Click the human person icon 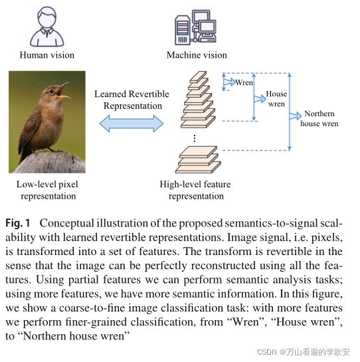pyautogui.click(x=47, y=25)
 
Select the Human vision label pyautogui.click(x=47, y=55)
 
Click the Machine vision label pyautogui.click(x=197, y=55)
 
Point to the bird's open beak pyautogui.click(x=64, y=91)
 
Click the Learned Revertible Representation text pyautogui.click(x=132, y=100)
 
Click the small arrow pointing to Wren pyautogui.click(x=228, y=83)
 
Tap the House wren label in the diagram pyautogui.click(x=276, y=99)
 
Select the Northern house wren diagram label pyautogui.click(x=319, y=119)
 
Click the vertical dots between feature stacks pyautogui.click(x=194, y=137)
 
